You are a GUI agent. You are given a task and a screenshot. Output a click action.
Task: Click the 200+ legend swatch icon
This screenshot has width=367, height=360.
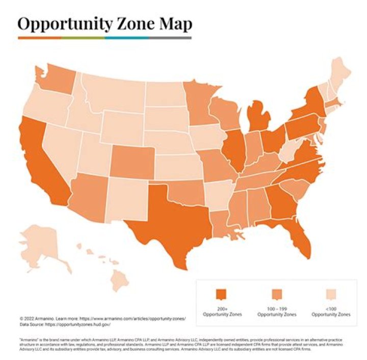tap(221, 295)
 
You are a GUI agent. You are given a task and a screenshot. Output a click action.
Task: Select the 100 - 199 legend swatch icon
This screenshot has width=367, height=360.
tap(277, 295)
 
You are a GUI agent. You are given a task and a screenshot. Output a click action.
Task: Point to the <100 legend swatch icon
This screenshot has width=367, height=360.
tap(330, 295)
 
